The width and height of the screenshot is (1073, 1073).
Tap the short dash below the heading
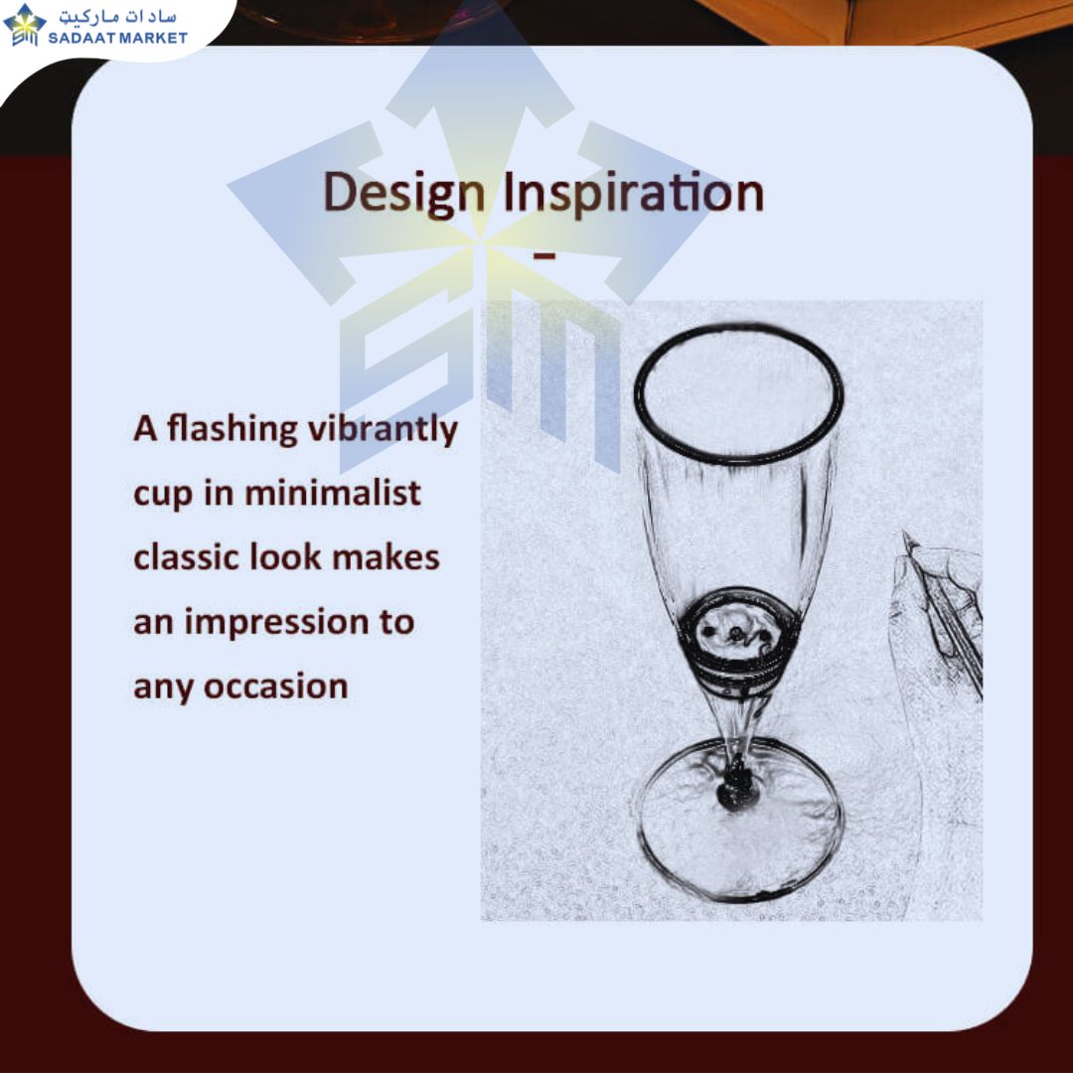pos(544,256)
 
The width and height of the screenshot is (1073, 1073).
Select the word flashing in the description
pos(231,430)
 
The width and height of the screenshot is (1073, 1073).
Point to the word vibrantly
pos(383,430)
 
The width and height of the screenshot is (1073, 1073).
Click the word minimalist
pos(333,493)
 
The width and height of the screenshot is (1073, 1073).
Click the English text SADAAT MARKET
pos(117,38)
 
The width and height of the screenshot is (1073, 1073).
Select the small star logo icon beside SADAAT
pos(25,25)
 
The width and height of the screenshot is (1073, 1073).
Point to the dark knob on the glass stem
pos(734,788)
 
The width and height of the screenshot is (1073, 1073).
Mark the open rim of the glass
pos(738,328)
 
